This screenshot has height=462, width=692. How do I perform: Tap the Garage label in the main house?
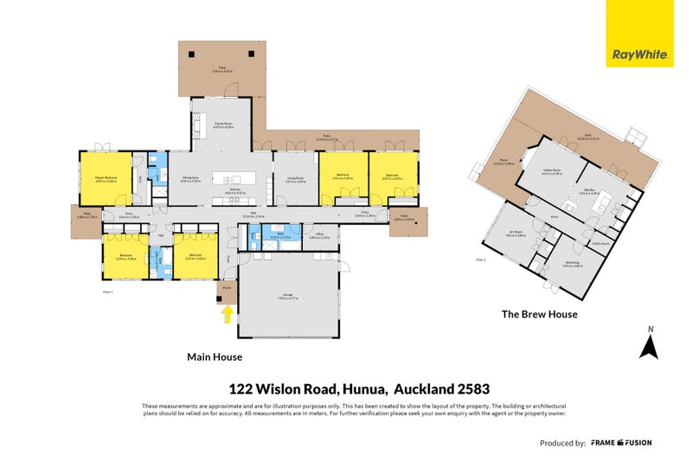pyautogui.click(x=286, y=296)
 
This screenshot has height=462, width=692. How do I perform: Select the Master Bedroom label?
pyautogui.click(x=105, y=179)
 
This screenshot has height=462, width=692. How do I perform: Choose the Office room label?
pyautogui.click(x=319, y=234)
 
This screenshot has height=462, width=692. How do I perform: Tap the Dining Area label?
pyautogui.click(x=190, y=179)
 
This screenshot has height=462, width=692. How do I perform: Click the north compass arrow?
pyautogui.click(x=650, y=343)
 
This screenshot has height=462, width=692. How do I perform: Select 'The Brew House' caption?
pyautogui.click(x=539, y=314)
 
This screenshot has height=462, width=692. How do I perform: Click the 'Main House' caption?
pyautogui.click(x=215, y=356)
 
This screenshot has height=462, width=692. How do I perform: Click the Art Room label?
pyautogui.click(x=516, y=233)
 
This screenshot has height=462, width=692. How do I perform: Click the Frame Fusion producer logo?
pyautogui.click(x=621, y=442)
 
